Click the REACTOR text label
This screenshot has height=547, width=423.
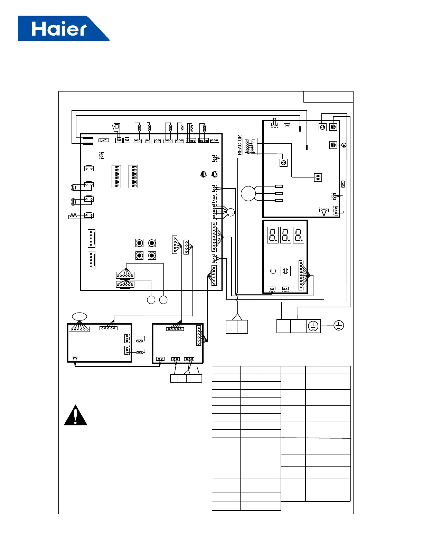pos(240,145)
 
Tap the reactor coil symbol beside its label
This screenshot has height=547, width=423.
pos(250,146)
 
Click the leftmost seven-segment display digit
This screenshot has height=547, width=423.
pos(273,235)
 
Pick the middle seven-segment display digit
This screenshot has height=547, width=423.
pos(286,235)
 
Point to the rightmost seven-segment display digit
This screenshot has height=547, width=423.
pos(299,235)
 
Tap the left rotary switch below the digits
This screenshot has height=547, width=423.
pos(273,271)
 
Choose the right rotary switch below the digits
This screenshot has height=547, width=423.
pos(285,271)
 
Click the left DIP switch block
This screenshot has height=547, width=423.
pos(116,176)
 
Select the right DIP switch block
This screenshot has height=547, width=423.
pos(133,176)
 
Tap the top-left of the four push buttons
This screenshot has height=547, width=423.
pos(139,243)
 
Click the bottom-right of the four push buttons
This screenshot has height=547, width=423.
pos(152,256)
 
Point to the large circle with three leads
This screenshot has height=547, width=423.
pos(248,193)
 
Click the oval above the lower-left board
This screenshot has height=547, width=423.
pos(79,316)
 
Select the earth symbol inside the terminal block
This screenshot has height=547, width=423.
pos(313,326)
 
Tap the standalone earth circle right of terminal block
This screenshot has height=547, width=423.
pos(339,325)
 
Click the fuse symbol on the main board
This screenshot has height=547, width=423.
pos(104,140)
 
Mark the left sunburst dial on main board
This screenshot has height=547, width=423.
pos(203,174)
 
